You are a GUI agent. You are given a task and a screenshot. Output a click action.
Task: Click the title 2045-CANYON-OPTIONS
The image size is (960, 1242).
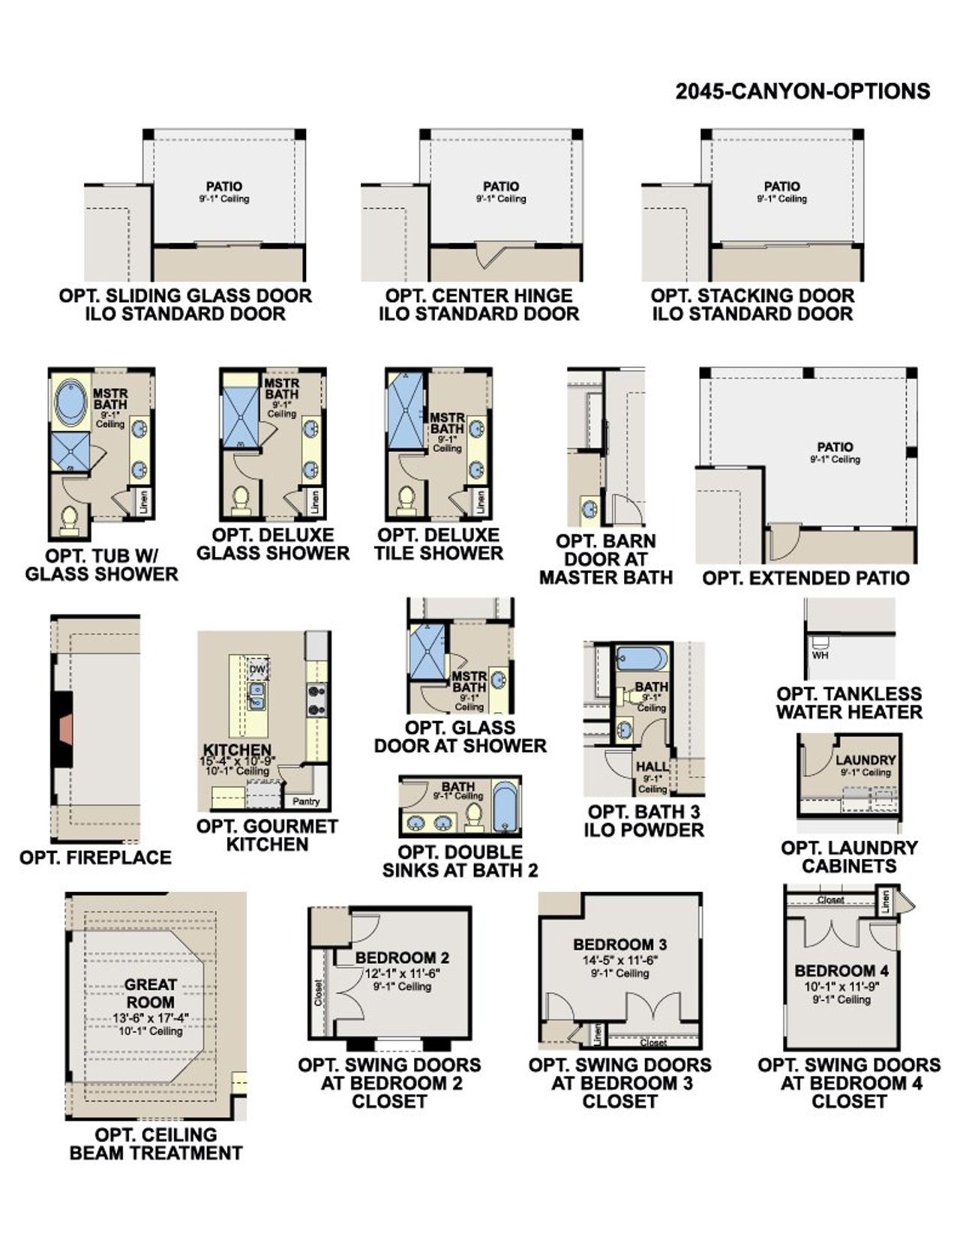coord(802,91)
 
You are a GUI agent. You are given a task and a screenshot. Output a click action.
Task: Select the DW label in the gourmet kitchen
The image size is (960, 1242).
coord(257,669)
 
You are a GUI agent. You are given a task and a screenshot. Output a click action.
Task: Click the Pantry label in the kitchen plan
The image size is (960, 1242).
coord(306,801)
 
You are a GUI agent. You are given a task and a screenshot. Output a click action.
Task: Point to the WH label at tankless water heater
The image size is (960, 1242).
coord(820,655)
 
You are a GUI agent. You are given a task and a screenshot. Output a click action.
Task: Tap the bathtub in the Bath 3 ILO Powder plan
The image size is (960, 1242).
coord(640,660)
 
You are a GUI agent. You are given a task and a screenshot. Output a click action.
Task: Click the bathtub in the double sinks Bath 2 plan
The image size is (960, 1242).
coord(505,807)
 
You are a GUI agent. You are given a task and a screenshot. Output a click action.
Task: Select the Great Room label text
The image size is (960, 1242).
coord(150,993)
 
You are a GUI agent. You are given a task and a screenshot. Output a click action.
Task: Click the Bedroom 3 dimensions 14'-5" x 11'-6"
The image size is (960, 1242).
coord(620,960)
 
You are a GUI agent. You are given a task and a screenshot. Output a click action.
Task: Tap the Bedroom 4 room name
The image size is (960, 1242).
coord(841,971)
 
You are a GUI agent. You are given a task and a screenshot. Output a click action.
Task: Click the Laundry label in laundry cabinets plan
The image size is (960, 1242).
coord(865,759)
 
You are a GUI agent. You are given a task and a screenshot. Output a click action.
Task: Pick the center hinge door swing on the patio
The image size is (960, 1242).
coord(491,255)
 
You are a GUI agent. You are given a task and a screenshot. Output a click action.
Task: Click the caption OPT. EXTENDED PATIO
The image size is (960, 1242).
coord(805,578)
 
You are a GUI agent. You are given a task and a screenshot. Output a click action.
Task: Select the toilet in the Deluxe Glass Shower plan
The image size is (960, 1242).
coord(241,501)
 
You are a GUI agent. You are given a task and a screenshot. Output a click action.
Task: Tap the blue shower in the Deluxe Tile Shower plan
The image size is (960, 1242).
coord(405,410)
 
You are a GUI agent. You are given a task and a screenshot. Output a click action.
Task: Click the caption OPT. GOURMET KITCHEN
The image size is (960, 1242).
coord(267,835)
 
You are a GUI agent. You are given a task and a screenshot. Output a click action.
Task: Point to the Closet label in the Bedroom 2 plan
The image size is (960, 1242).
coord(319,992)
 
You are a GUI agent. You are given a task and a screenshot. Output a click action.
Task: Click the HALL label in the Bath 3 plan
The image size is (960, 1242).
coord(652,766)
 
